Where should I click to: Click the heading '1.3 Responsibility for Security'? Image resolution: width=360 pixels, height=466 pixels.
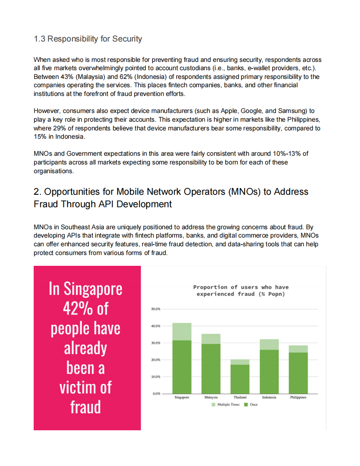[88, 39]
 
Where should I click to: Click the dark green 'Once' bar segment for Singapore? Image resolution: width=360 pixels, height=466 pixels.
[182, 366]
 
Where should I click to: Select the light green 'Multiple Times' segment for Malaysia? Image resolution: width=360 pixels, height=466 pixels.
[211, 339]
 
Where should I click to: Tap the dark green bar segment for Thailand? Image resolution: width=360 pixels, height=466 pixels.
[240, 379]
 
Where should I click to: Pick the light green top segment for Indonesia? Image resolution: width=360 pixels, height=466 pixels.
[269, 344]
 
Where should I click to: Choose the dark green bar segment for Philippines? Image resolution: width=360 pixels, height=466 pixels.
[298, 373]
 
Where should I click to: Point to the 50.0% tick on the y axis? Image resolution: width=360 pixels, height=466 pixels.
[155, 309]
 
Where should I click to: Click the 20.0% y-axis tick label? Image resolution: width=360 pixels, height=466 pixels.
[155, 360]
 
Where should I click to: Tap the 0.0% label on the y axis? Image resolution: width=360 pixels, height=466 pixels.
[156, 393]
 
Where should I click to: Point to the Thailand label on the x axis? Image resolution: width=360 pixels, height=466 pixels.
[240, 397]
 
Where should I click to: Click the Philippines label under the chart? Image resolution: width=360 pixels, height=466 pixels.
[298, 397]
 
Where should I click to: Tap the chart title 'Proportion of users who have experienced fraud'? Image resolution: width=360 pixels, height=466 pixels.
[241, 290]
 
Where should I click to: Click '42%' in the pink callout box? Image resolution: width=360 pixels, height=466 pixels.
[76, 309]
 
